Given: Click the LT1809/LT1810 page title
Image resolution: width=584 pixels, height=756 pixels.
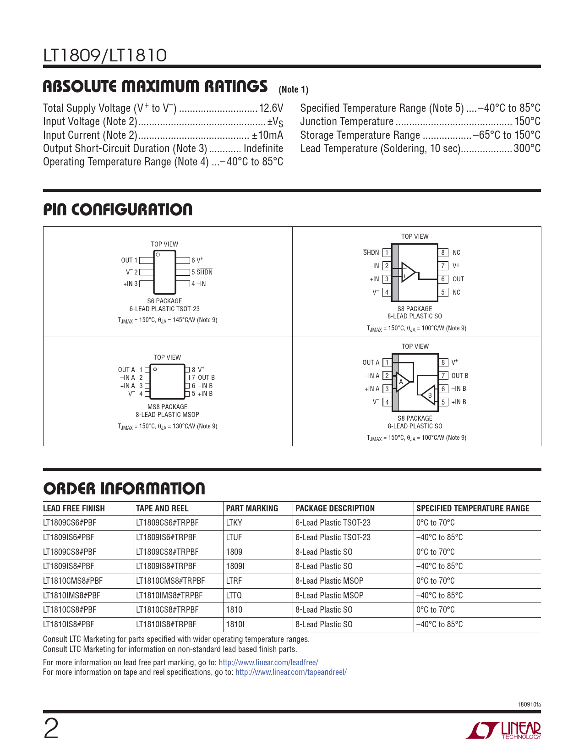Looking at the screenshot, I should pyautogui.click(x=105, y=55).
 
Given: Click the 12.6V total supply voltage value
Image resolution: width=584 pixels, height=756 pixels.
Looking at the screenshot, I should pyautogui.click(x=271, y=108).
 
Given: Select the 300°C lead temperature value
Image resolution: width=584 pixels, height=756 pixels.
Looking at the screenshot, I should pyautogui.click(x=527, y=148).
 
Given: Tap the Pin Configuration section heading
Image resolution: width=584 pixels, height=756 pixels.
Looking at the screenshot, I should pyautogui.click(x=118, y=210).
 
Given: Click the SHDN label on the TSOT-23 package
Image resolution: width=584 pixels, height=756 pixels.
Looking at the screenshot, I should pyautogui.click(x=204, y=272).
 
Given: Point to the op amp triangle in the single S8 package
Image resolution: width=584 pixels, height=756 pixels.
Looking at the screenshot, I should pyautogui.click(x=408, y=272).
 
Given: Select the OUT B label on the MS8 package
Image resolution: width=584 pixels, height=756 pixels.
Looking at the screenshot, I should pyautogui.click(x=206, y=378).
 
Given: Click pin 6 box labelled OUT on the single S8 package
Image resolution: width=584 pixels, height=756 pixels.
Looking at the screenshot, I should pyautogui.click(x=443, y=279).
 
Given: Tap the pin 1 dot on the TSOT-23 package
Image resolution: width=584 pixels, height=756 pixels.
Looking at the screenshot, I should pyautogui.click(x=158, y=254).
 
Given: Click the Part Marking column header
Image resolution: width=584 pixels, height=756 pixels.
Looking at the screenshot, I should pyautogui.click(x=252, y=509).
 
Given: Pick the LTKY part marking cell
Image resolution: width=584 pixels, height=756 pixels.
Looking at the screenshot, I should pyautogui.click(x=234, y=523).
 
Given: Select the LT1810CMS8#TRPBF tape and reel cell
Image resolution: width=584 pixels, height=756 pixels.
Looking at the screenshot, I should pyautogui.click(x=170, y=581).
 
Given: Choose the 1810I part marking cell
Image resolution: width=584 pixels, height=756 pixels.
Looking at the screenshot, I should pyautogui.click(x=235, y=625).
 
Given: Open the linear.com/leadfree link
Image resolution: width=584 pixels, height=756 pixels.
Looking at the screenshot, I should pyautogui.click(x=268, y=663).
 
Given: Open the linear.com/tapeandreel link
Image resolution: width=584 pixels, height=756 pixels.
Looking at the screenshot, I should pyautogui.click(x=291, y=672).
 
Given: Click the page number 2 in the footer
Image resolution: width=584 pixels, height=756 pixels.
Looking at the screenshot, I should pyautogui.click(x=51, y=729).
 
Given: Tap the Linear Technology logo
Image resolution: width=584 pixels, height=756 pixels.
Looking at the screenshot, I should pyautogui.click(x=503, y=730).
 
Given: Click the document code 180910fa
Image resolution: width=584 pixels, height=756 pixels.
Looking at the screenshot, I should pyautogui.click(x=529, y=705).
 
